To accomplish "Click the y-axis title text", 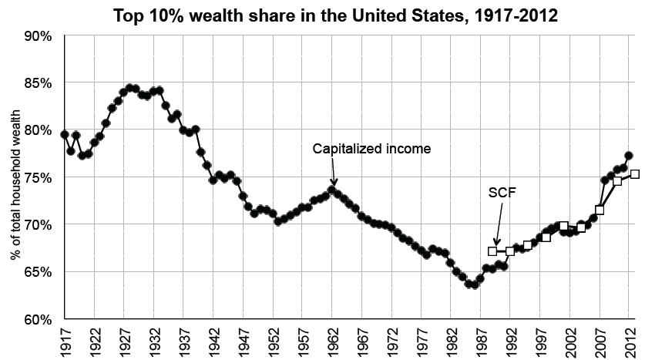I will [15, 177].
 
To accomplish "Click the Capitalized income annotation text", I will [371, 149].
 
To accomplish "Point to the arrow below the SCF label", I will [496, 237].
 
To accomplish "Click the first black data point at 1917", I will [65, 135].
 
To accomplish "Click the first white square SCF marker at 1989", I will [493, 251].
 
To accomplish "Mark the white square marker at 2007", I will [600, 210].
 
